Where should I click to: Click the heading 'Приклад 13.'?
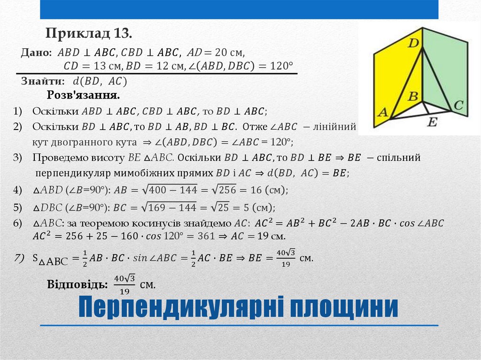click(x=89, y=33)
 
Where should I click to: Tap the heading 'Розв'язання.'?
click(x=84, y=95)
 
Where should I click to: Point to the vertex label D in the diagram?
click(x=413, y=44)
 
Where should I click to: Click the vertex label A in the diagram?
click(x=383, y=113)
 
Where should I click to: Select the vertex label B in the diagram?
click(x=413, y=97)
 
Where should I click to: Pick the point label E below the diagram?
click(x=433, y=123)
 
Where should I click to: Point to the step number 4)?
click(x=18, y=190)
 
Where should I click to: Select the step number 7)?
click(x=19, y=257)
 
